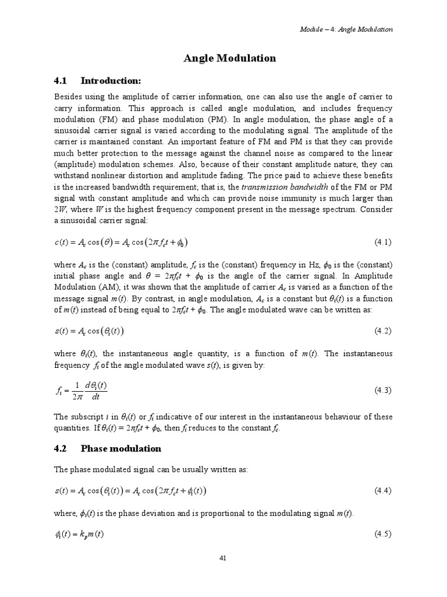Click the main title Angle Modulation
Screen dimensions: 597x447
(x=229, y=58)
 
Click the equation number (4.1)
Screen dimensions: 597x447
(x=382, y=241)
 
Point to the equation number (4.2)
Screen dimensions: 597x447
(x=382, y=331)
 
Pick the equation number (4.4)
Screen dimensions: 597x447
(x=382, y=491)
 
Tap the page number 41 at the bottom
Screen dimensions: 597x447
(x=223, y=558)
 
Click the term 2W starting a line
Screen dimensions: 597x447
(x=60, y=209)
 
